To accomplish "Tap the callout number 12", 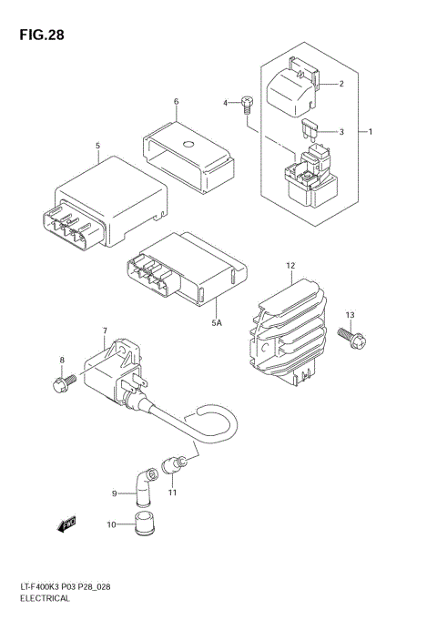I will click(290, 266).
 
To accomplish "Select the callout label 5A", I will click(217, 321).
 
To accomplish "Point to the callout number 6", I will click(176, 101).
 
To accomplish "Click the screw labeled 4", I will click(247, 107).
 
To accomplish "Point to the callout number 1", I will click(370, 132).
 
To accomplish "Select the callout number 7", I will click(105, 330).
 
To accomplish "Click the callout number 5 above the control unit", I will click(97, 146).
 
